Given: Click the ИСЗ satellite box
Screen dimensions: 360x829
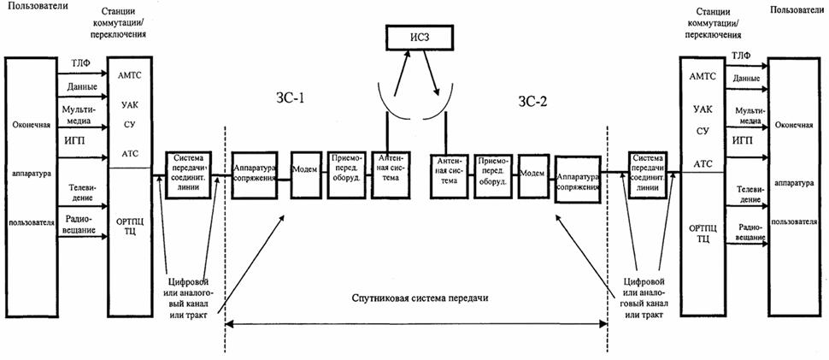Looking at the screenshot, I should click(418, 38).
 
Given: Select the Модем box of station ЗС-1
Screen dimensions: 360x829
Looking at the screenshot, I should click(306, 168).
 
